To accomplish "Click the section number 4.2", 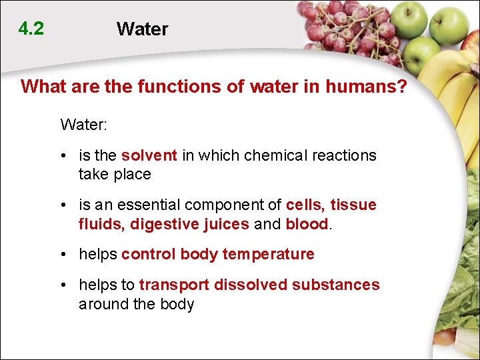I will [31, 29].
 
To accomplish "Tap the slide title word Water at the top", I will [142, 29].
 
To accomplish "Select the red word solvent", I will [149, 155].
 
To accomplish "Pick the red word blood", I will [307, 224].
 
